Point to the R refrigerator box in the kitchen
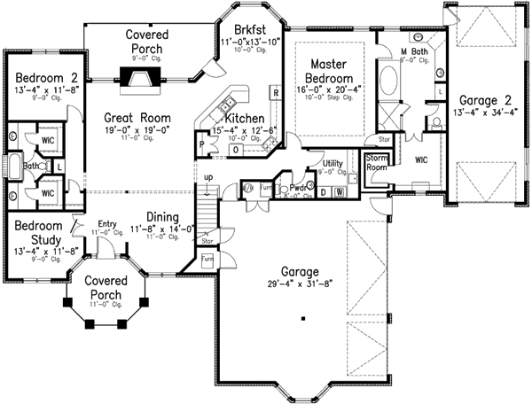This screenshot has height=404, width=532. tap(276, 92)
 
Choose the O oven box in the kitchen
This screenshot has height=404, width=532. tap(236, 151)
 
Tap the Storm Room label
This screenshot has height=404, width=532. tap(378, 162)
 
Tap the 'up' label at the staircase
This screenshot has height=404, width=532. tap(209, 177)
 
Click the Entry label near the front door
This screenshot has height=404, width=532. tap(108, 224)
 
